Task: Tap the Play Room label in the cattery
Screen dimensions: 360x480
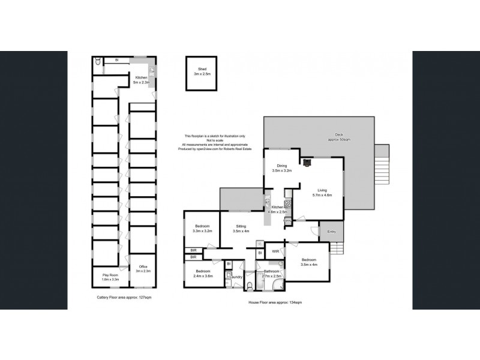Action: pyautogui.click(x=105, y=277)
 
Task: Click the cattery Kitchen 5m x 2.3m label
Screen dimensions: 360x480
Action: pyautogui.click(x=141, y=80)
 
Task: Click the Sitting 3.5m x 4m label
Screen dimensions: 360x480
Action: pyautogui.click(x=233, y=230)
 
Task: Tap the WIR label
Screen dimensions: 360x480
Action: pyautogui.click(x=275, y=251)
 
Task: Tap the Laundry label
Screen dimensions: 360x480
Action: pyautogui.click(x=235, y=277)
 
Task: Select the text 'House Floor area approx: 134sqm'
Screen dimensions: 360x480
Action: pyautogui.click(x=275, y=303)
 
